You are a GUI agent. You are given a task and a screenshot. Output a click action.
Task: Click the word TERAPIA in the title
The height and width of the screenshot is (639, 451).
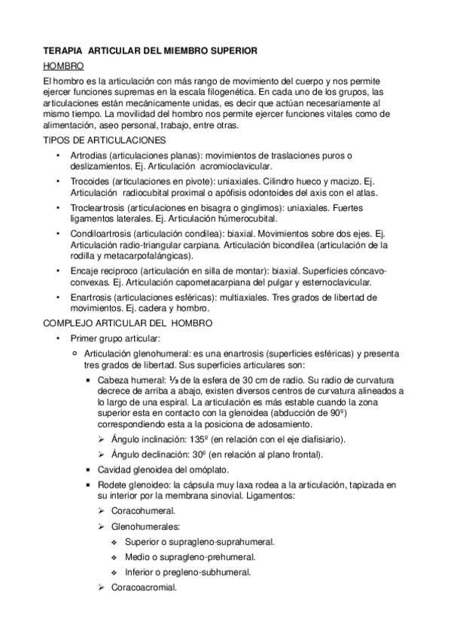pyautogui.click(x=62, y=50)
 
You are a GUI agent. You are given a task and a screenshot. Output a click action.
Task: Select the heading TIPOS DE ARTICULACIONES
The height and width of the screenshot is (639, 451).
pyautogui.click(x=101, y=141)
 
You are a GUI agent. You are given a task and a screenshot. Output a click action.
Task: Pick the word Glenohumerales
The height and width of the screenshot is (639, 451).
pyautogui.click(x=141, y=527)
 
